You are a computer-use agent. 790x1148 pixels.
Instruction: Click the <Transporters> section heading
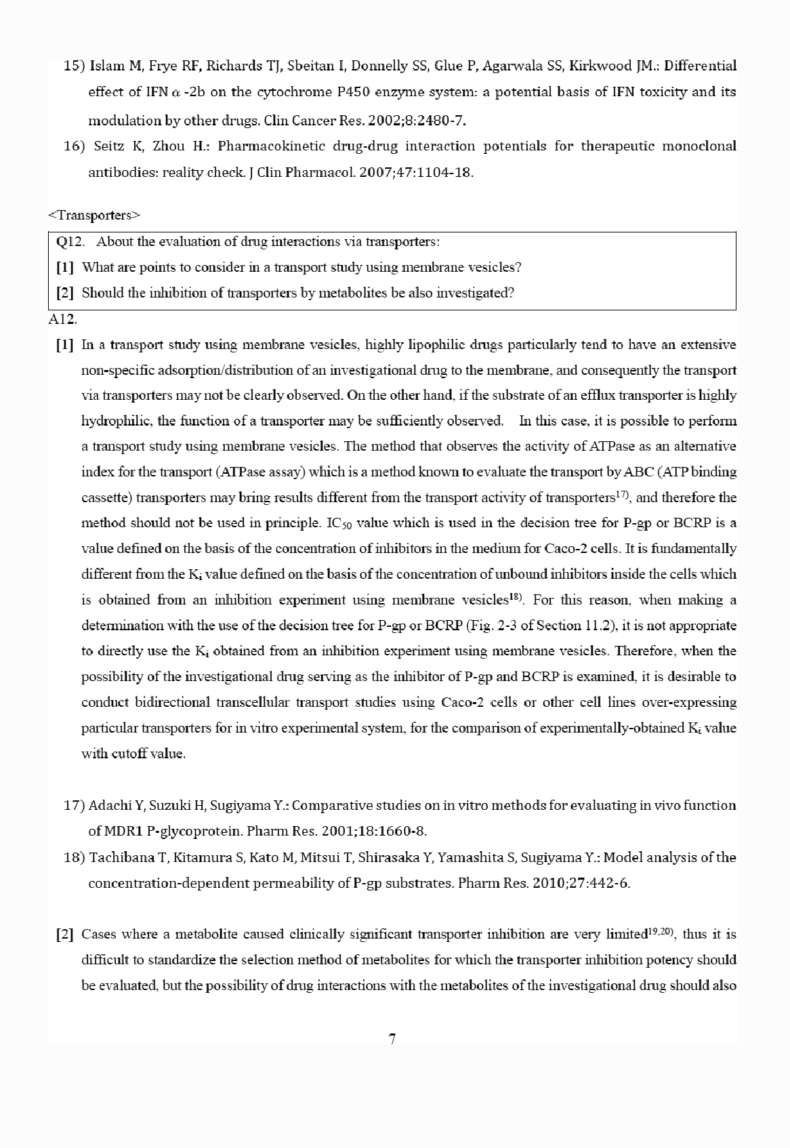point(94,216)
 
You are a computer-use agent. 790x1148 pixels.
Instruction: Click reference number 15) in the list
point(73,66)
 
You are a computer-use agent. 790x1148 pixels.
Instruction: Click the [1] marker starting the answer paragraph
point(65,345)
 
